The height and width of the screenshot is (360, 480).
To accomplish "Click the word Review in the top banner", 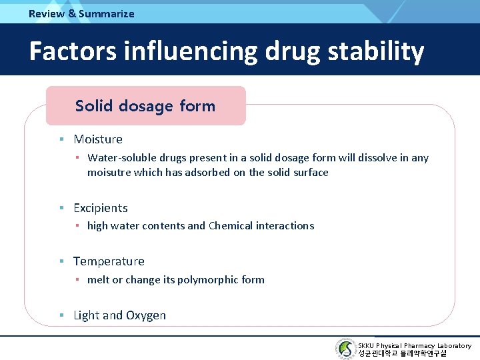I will tap(47, 13).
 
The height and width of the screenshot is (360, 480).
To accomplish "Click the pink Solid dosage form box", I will tap(145, 105).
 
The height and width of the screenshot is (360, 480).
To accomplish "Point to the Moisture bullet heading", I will tap(98, 139).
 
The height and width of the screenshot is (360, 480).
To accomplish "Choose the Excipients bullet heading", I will tap(100, 208).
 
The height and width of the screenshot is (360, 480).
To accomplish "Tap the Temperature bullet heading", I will tap(109, 261).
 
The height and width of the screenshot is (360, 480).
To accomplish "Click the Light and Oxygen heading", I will tap(119, 315).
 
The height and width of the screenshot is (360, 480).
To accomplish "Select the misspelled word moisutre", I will tap(109, 172).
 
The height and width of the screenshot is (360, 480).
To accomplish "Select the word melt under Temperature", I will tap(98, 280).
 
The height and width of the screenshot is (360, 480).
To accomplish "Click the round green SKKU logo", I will tap(345, 349).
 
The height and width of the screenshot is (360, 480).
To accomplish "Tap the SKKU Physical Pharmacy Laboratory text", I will tap(415, 345).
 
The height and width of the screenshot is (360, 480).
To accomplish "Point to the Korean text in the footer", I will tap(402, 354).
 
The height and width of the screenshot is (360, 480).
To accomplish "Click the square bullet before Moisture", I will tap(61, 139).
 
